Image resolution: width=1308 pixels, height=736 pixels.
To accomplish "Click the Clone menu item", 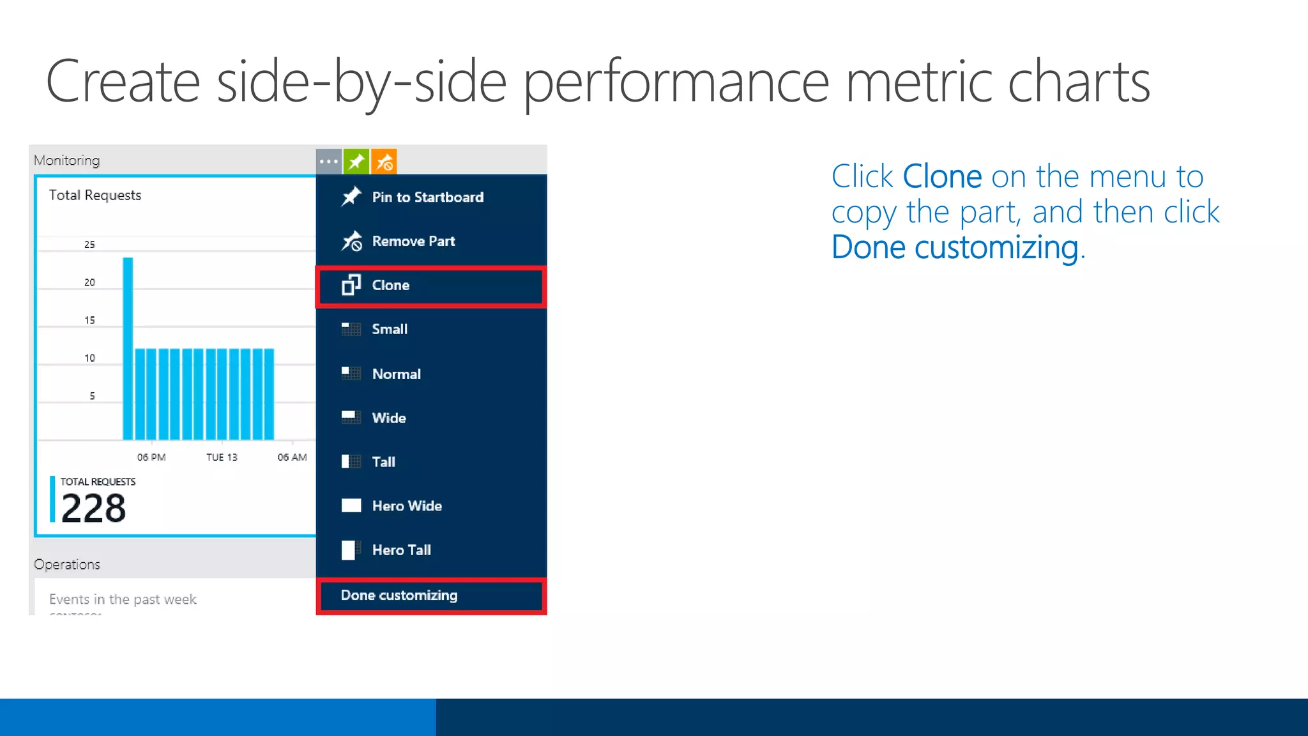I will point(390,286).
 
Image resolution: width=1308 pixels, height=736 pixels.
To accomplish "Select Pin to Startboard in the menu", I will point(427,197).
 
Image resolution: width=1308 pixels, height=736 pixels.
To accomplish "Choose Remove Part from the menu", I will point(413,241).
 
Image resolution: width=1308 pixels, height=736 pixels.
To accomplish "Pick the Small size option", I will point(389,330).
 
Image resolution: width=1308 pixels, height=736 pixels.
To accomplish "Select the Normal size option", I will point(396,374).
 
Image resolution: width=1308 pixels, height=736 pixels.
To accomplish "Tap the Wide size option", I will point(388,418).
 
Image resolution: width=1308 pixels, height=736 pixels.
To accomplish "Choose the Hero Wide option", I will point(407,506).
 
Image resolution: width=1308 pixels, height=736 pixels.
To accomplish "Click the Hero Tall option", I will point(401,550).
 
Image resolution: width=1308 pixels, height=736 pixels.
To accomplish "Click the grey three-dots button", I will point(329,162).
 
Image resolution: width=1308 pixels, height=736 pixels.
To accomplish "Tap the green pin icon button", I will point(356,162).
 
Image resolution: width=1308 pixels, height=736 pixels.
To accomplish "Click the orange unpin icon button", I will point(384,162).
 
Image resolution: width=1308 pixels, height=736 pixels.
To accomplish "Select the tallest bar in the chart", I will point(128,348).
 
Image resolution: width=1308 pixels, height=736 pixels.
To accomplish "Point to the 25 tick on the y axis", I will point(89,245).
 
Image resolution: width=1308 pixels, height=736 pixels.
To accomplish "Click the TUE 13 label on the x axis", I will point(222,457).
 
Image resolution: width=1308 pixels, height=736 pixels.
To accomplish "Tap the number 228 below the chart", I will point(94,509).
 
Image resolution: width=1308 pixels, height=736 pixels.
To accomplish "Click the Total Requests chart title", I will point(95,195).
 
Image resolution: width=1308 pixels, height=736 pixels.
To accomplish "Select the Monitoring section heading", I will point(67,160).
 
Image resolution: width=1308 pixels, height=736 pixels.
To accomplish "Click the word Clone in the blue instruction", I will point(942,176).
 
